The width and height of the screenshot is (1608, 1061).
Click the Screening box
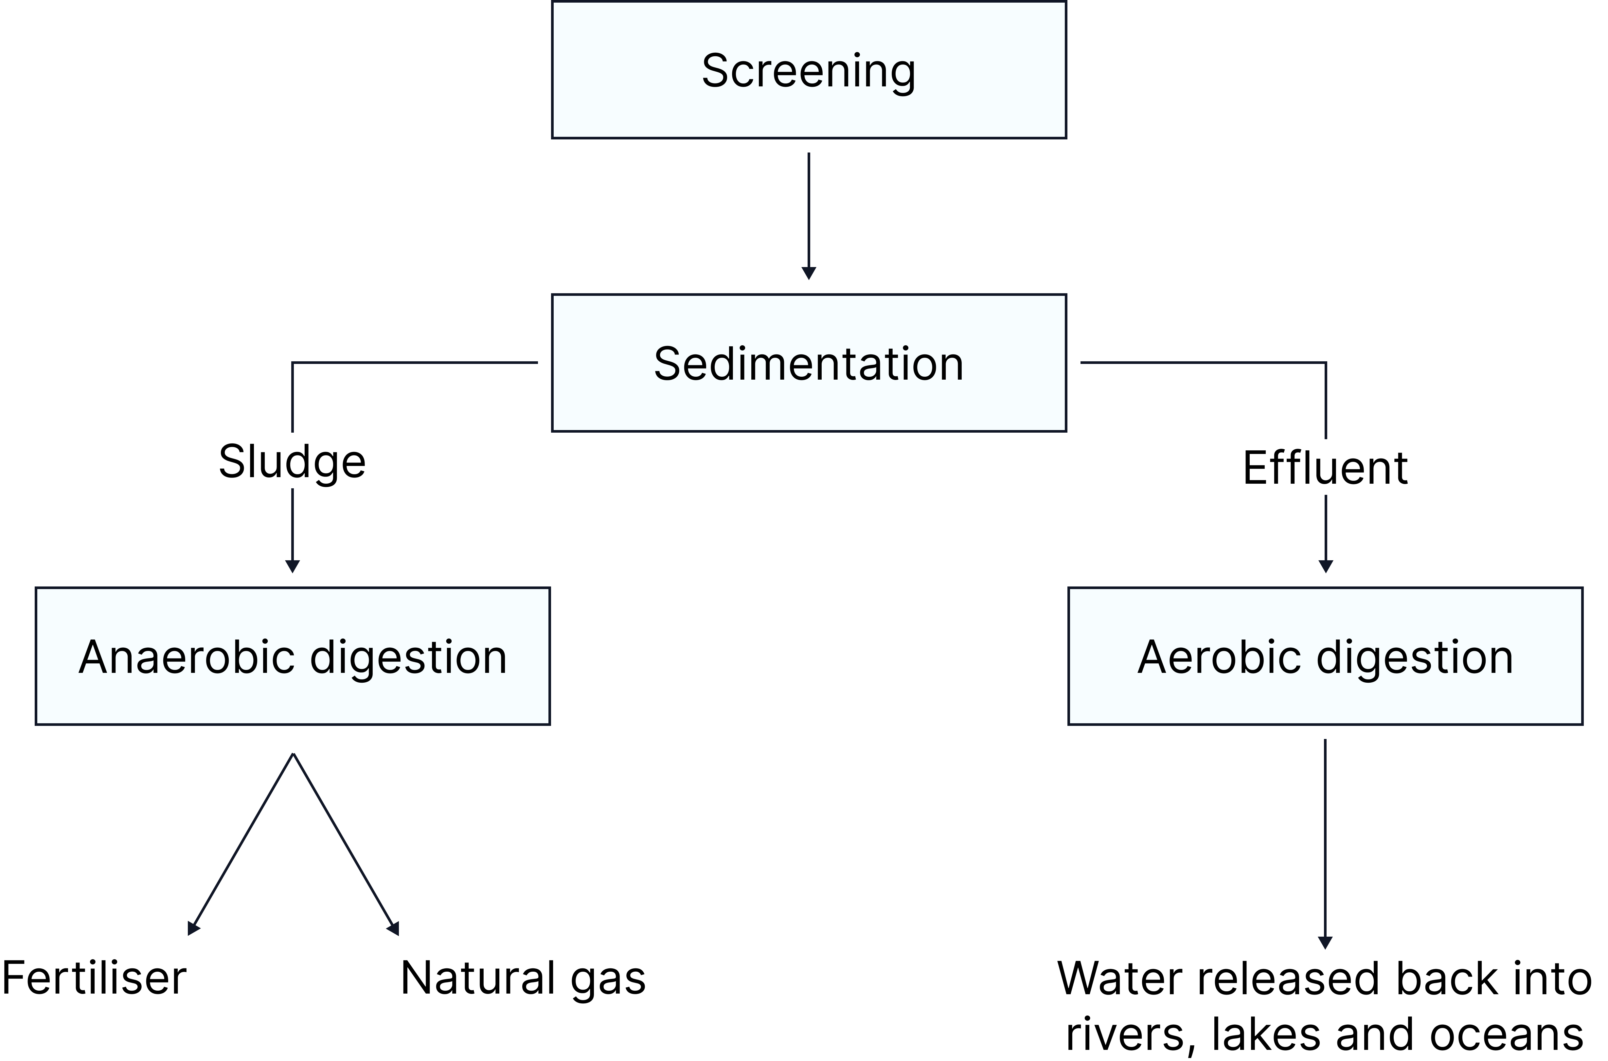pyautogui.click(x=808, y=70)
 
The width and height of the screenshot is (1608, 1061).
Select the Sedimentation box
pyautogui.click(x=808, y=363)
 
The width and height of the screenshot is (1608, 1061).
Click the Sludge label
pyautogui.click(x=292, y=461)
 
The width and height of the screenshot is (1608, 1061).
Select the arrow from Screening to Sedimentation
pyautogui.click(x=808, y=210)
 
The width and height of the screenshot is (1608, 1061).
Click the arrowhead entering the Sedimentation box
pyautogui.click(x=808, y=273)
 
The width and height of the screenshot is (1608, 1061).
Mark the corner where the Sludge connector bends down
pyautogui.click(x=292, y=363)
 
